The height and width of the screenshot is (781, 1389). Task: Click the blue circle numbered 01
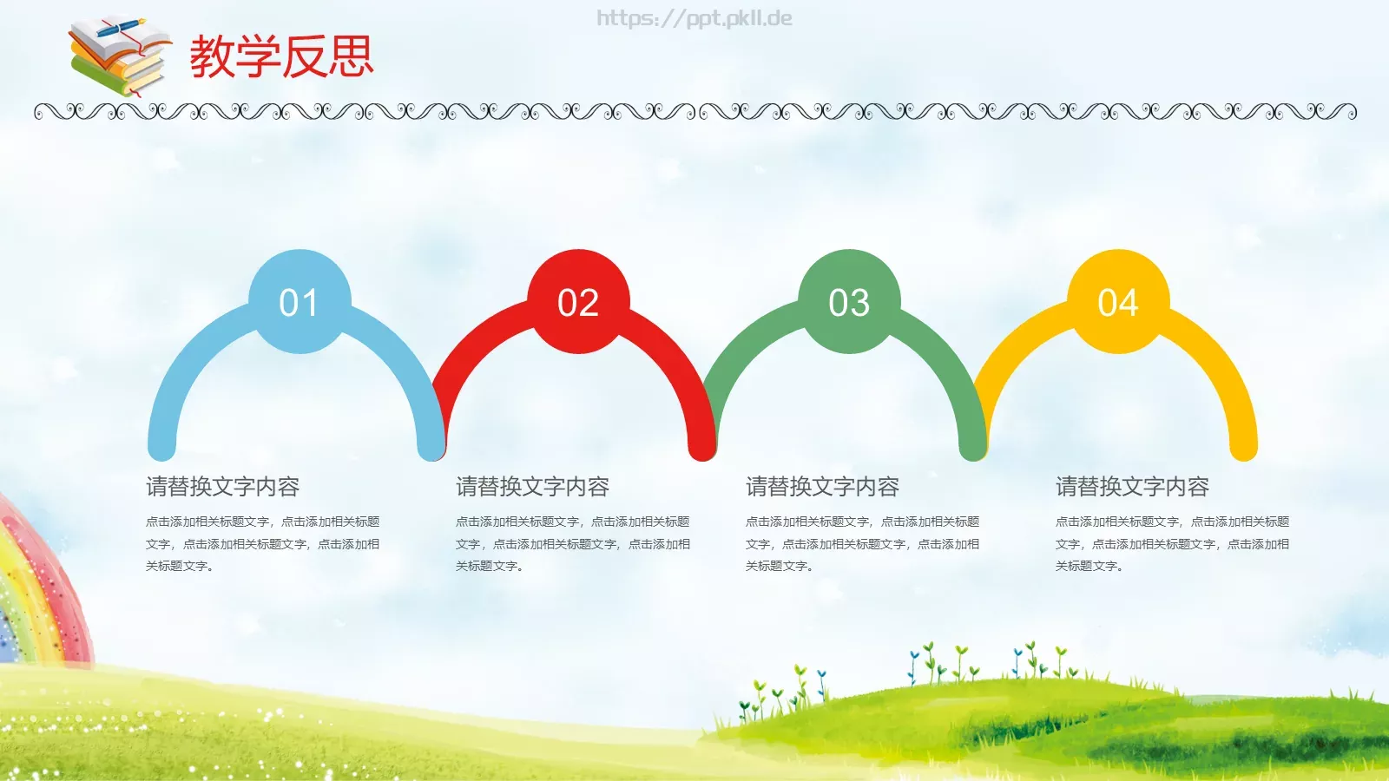299,302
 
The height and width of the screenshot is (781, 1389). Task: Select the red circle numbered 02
578,302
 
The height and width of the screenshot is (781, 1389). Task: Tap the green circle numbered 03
849,302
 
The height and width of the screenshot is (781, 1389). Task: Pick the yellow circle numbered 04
1118,302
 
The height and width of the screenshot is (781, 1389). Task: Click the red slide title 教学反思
281,56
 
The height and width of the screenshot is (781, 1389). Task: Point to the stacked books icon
119,58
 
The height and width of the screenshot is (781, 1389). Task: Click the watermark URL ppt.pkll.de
694,18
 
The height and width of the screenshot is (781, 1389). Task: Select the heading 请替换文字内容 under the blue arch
222,487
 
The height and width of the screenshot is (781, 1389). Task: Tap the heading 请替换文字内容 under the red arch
532,487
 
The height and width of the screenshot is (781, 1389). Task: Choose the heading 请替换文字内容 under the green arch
822,487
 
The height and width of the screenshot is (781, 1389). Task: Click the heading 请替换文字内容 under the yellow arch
1132,487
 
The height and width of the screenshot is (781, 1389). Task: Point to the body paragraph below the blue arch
262,544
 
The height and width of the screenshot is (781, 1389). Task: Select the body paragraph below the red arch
572,544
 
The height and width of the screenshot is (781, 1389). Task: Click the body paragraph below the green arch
862,544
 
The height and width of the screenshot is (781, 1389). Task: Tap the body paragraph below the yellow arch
1172,544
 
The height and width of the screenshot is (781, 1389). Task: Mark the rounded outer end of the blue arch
161,446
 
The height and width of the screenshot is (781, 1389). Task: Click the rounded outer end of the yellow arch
1243,446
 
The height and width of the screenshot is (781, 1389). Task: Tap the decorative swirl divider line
694,112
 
